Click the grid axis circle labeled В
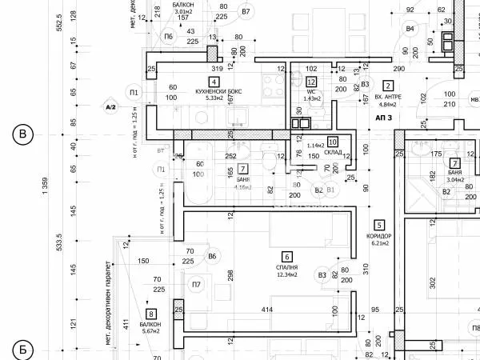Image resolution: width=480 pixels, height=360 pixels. pos(22,134)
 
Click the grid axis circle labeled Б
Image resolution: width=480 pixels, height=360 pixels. pos(22,350)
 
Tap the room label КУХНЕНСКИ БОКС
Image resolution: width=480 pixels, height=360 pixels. pos(214,90)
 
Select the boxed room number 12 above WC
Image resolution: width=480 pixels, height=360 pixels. pos(311,82)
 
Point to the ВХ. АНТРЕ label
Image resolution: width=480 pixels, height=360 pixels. pos(388,96)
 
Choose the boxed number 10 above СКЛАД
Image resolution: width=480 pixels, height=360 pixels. pos(332,142)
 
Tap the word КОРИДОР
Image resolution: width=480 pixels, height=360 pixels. pos(379,236)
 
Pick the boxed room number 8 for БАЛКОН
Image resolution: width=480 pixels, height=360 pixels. pos(150,314)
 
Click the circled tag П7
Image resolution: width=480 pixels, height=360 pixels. pos(197,285)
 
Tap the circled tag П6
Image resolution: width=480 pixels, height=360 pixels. pos(169,37)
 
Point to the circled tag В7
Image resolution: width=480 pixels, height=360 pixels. pos(246,12)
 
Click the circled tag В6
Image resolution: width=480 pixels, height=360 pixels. pos(212,256)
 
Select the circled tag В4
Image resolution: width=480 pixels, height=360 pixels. pos(410,29)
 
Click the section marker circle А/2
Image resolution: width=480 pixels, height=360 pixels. pos(110,106)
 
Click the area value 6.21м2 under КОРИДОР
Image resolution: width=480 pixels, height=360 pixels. pos(379,244)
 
